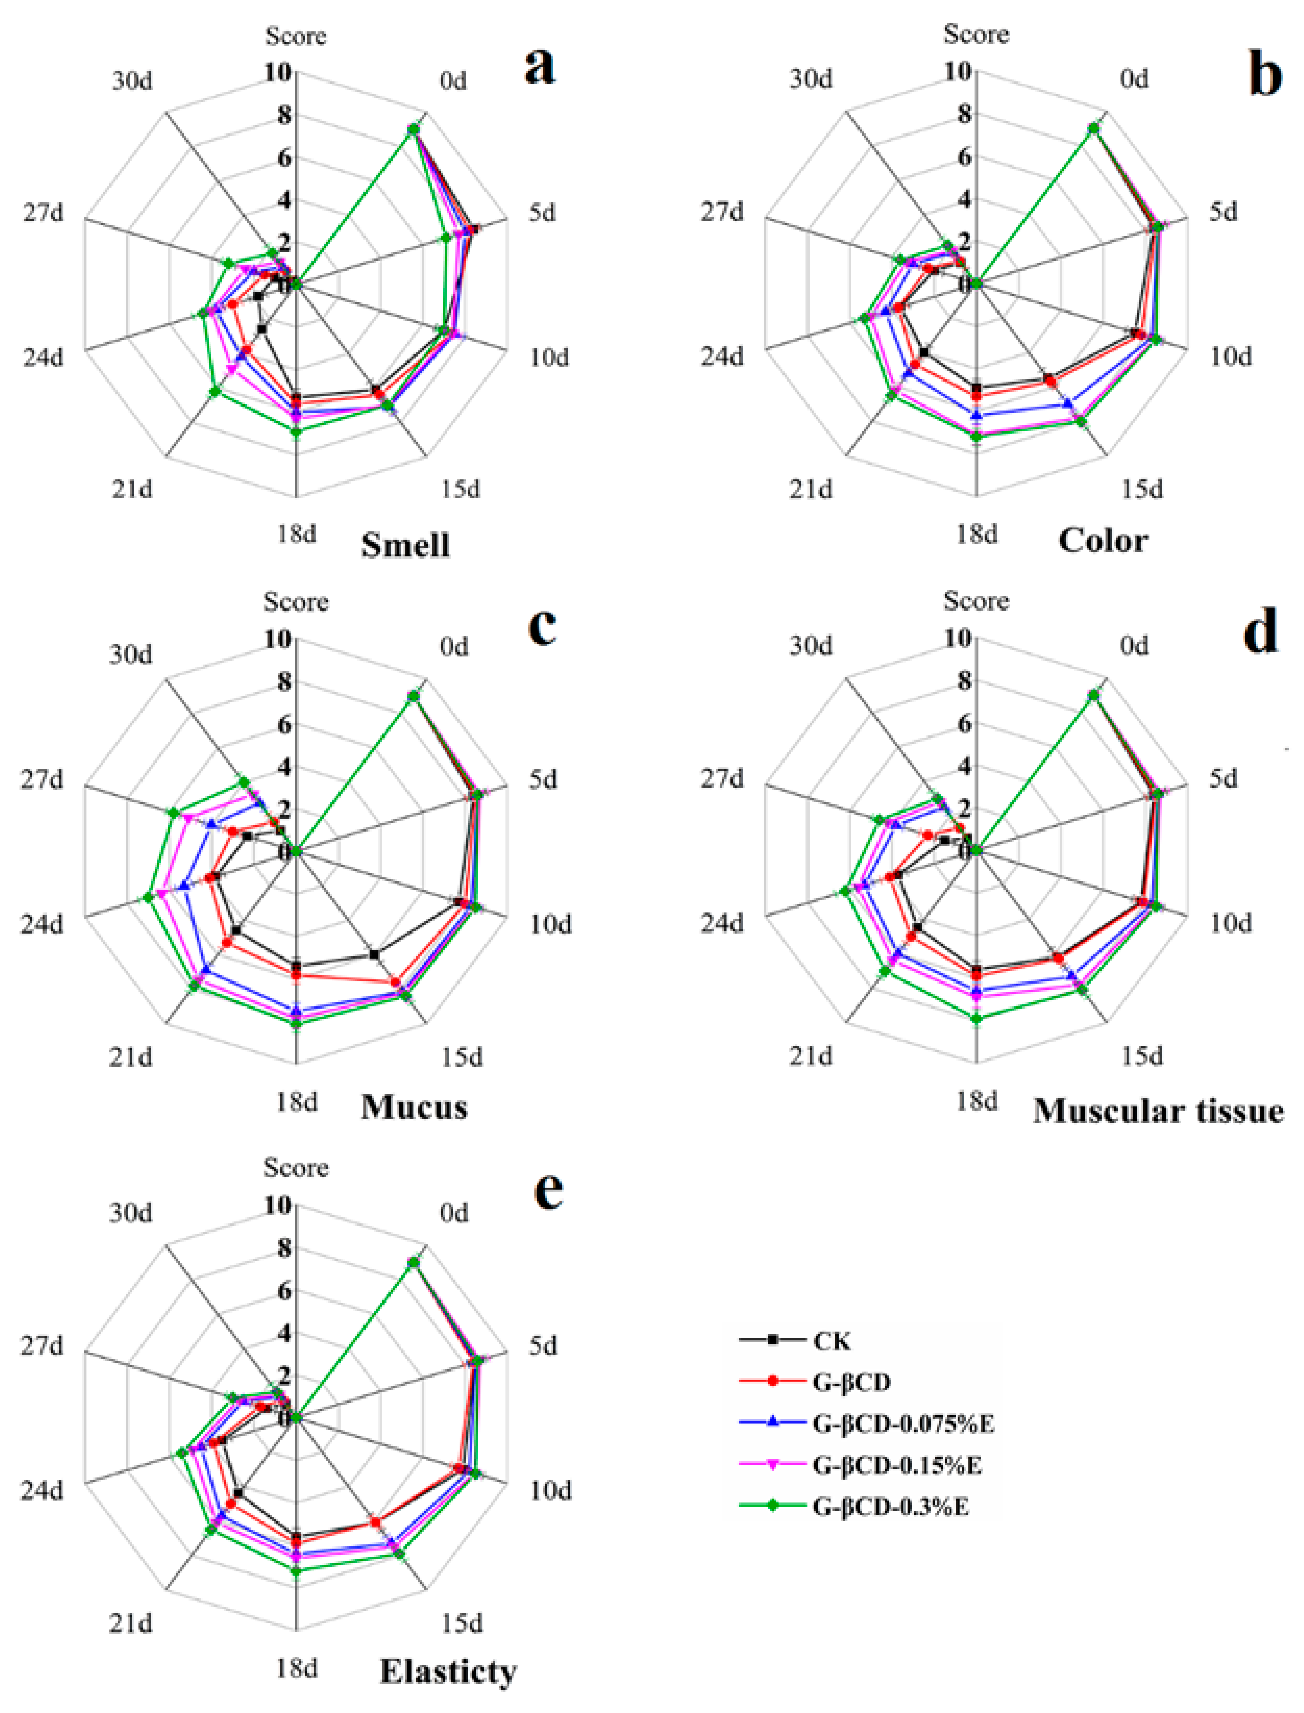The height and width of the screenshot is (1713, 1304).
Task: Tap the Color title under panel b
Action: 1103,541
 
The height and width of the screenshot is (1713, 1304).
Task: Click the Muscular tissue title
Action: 1158,1111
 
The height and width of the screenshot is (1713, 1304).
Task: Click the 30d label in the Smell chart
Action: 132,81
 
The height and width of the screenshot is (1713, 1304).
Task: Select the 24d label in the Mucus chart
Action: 41,925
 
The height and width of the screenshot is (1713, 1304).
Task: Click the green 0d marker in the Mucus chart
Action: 414,695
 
